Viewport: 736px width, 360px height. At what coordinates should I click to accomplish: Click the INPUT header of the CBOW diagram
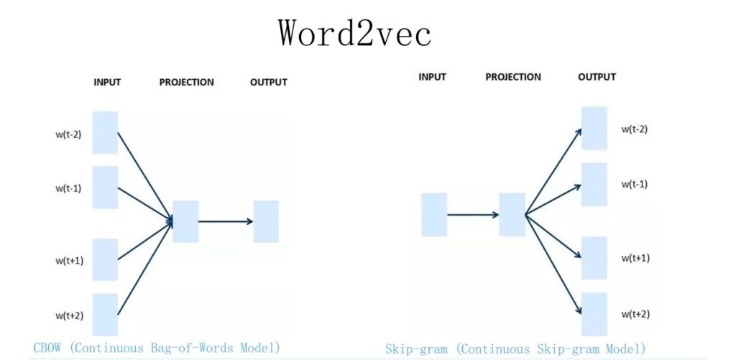(x=107, y=82)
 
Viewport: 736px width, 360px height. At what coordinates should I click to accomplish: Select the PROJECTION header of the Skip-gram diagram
(x=513, y=77)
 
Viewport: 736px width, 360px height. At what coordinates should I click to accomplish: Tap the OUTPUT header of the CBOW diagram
(x=268, y=82)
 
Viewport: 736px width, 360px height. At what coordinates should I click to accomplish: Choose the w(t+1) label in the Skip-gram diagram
(x=635, y=257)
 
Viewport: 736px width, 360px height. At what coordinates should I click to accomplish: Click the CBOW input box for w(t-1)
(x=105, y=187)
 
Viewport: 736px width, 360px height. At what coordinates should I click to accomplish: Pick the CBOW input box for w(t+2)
(x=105, y=314)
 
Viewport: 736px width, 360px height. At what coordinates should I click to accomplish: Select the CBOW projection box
(x=185, y=221)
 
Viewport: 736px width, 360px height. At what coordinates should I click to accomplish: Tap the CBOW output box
(x=265, y=221)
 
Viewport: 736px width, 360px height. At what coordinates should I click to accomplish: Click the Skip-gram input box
(x=434, y=214)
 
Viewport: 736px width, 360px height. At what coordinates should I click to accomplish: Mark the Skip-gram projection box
(x=512, y=214)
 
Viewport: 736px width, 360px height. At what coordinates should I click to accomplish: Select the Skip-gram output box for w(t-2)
(x=594, y=128)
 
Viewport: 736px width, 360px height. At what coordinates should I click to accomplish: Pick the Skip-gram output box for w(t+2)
(x=594, y=313)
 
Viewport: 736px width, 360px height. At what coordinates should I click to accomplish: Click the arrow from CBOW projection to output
(x=226, y=221)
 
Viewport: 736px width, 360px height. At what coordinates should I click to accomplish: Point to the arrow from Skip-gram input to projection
(x=473, y=214)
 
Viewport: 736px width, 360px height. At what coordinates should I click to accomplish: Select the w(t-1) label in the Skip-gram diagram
(x=635, y=184)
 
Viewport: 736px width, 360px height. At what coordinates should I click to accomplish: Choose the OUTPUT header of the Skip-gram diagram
(x=597, y=77)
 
